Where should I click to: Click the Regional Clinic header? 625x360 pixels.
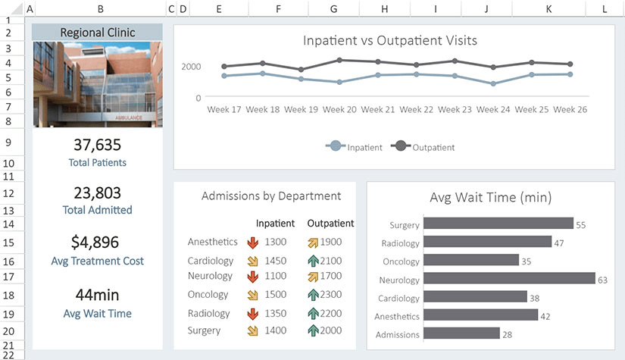coord(98,33)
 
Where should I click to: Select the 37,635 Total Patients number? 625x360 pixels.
coord(98,145)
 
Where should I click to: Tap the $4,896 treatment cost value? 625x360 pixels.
coord(98,243)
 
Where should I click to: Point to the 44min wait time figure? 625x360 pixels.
coord(98,296)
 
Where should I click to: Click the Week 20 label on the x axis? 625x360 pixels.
coord(339,109)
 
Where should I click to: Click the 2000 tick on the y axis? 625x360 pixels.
coord(191,67)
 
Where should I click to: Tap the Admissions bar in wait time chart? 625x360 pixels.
coord(461,333)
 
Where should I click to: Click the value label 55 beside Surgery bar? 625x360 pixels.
coord(581,225)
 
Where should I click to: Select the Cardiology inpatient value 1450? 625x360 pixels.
coord(276,261)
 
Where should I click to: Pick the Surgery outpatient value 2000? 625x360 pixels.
coord(331,330)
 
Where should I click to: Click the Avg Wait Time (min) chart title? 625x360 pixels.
coord(490,198)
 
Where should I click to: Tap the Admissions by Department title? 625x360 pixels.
coord(271,196)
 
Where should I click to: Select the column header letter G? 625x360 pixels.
coord(334,9)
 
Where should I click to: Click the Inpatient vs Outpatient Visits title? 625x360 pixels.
coord(390,40)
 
